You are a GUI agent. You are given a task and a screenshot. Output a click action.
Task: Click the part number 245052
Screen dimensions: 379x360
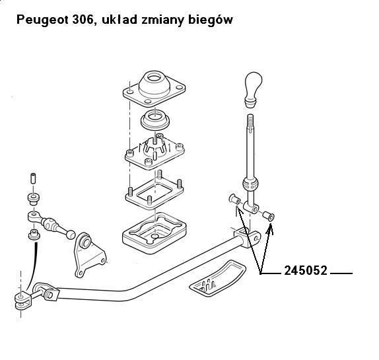tap(306, 270)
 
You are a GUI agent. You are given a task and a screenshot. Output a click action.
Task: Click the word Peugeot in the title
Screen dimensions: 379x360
tap(42, 20)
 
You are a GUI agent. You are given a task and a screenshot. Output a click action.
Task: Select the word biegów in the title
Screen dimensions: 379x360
tap(210, 20)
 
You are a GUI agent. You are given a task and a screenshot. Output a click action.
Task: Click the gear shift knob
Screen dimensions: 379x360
tap(254, 89)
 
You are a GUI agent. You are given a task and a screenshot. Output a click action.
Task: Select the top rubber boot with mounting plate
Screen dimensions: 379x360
tap(154, 89)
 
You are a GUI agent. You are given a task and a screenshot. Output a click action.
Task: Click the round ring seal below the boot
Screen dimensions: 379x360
tap(155, 120)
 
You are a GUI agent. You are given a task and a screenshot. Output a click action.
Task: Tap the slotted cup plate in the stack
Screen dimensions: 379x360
tap(155, 151)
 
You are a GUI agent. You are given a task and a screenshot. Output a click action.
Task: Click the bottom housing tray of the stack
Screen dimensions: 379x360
tap(155, 233)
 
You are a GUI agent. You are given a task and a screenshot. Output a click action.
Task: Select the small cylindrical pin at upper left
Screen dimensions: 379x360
tap(33, 178)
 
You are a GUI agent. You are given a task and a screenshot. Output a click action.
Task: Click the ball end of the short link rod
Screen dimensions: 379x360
tap(71, 234)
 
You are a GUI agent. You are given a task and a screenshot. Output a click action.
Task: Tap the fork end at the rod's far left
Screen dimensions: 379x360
tap(23, 301)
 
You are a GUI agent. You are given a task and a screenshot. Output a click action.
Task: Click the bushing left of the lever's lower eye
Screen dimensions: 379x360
tap(234, 199)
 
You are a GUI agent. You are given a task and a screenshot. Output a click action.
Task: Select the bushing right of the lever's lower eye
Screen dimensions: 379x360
tap(269, 217)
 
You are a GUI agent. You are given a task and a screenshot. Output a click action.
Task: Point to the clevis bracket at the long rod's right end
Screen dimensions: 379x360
tap(247, 237)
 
